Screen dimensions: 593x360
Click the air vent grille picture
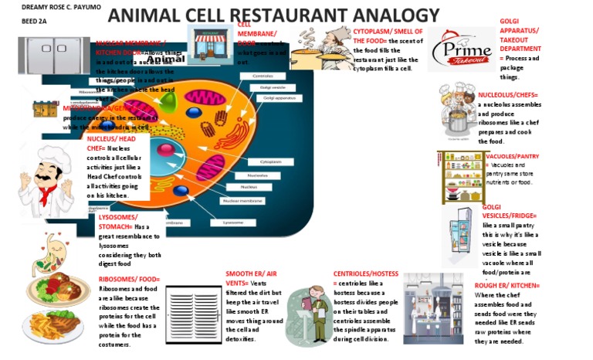(x=193, y=313)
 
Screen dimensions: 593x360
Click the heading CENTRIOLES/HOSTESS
(x=366, y=273)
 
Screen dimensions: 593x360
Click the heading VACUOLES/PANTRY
(x=512, y=157)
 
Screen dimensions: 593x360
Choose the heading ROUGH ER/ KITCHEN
(x=507, y=286)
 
